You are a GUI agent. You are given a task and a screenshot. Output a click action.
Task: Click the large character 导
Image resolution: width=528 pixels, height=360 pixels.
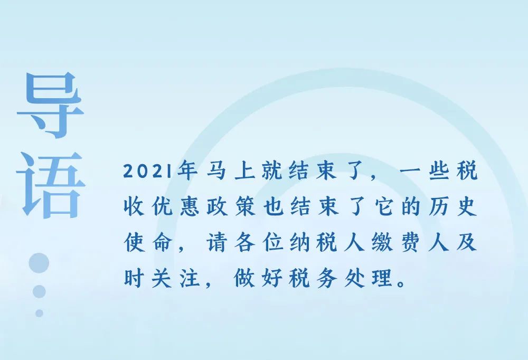(50, 105)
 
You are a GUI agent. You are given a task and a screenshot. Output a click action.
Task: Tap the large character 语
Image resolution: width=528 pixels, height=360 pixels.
(51, 185)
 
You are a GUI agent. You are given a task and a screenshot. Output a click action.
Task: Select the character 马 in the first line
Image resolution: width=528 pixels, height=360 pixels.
(216, 170)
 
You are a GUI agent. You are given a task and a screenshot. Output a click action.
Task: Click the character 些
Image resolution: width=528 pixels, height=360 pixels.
(439, 170)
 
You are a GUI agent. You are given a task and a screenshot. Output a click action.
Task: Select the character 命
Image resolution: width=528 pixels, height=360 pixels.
(161, 242)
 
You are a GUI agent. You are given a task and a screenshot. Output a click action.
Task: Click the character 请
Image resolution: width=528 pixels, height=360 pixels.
(216, 242)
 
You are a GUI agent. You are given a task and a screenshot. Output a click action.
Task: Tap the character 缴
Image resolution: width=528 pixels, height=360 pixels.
(383, 242)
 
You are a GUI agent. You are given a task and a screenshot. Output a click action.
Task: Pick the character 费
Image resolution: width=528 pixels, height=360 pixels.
(411, 242)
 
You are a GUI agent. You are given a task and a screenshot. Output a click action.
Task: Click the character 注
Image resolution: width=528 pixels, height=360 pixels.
(189, 278)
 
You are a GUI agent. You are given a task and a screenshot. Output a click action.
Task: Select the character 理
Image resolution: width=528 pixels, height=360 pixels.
(383, 278)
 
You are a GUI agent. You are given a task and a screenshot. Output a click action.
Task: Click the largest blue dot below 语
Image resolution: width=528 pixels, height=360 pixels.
(39, 263)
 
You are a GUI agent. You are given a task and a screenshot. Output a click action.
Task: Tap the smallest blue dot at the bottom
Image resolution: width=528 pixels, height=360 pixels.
(39, 313)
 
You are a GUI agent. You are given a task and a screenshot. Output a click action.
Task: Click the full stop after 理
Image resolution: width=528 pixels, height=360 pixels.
(401, 283)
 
